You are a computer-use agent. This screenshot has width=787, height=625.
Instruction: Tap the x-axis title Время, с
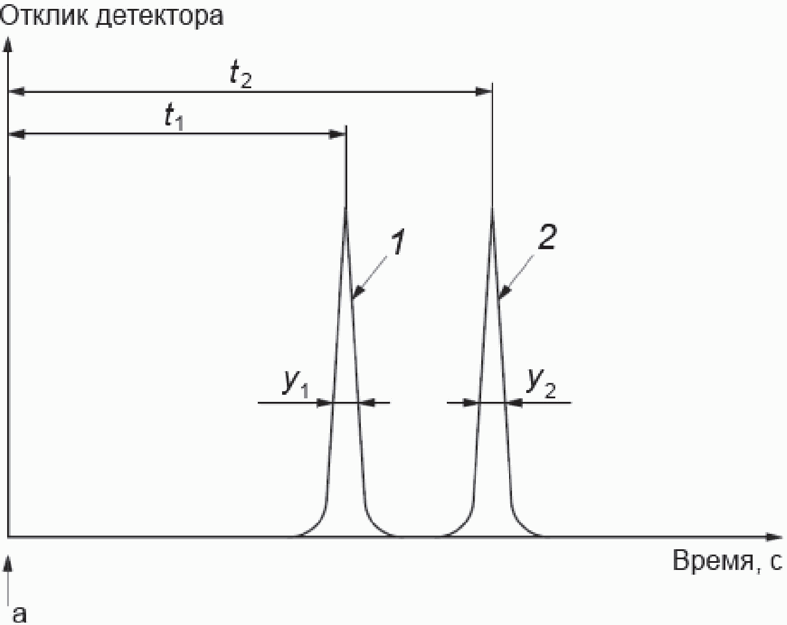point(727,560)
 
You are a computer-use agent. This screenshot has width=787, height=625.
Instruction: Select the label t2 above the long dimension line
point(240,76)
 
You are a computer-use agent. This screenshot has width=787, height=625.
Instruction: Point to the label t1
point(174,117)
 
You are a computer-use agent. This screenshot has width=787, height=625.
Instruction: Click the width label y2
point(541,383)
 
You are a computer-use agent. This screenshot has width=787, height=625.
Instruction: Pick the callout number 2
point(546,237)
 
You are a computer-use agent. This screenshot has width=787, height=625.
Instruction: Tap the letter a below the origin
point(20,613)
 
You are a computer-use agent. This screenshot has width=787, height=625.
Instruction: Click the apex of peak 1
point(346,208)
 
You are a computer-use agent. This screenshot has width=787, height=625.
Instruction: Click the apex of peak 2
point(492,208)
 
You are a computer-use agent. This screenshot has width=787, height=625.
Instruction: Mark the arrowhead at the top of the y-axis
point(8,44)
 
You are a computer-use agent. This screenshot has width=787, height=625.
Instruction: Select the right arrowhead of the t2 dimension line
point(485,92)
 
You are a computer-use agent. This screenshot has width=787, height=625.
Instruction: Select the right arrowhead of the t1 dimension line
point(339,135)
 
